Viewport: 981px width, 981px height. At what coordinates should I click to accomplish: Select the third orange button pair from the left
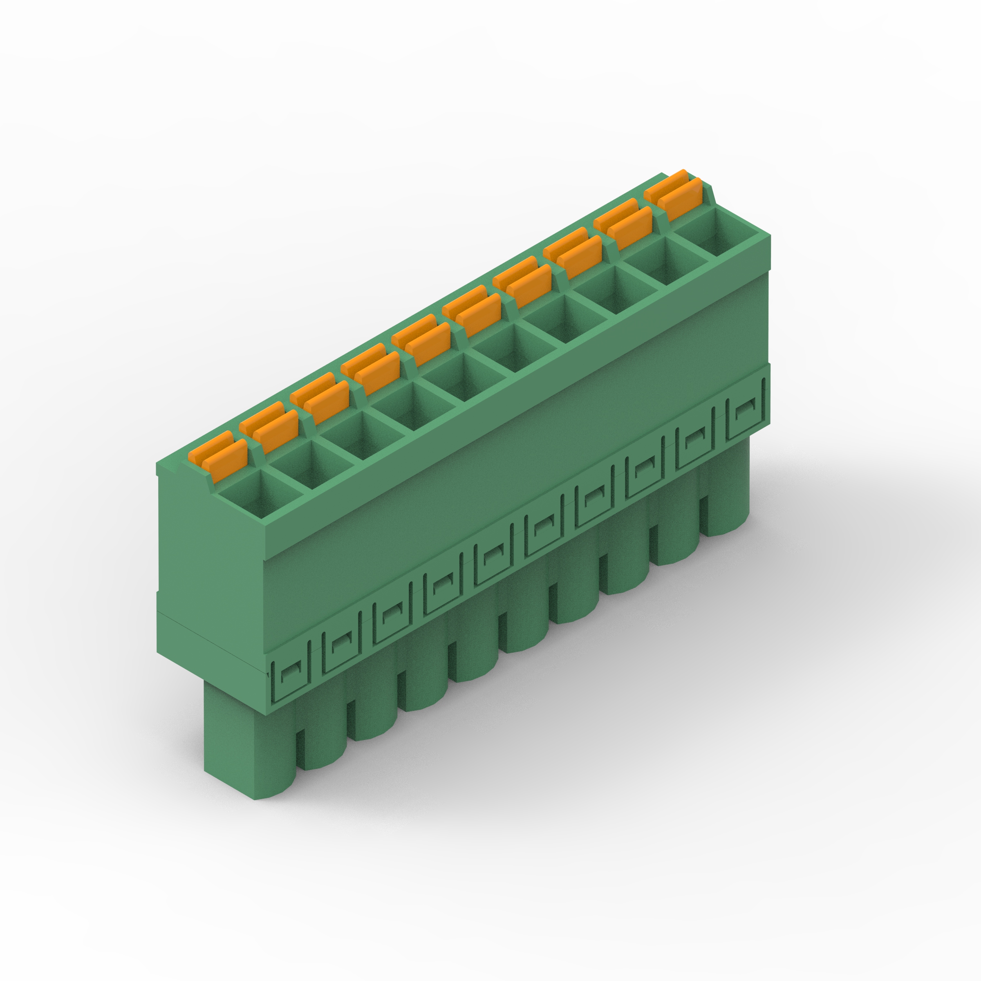320,394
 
